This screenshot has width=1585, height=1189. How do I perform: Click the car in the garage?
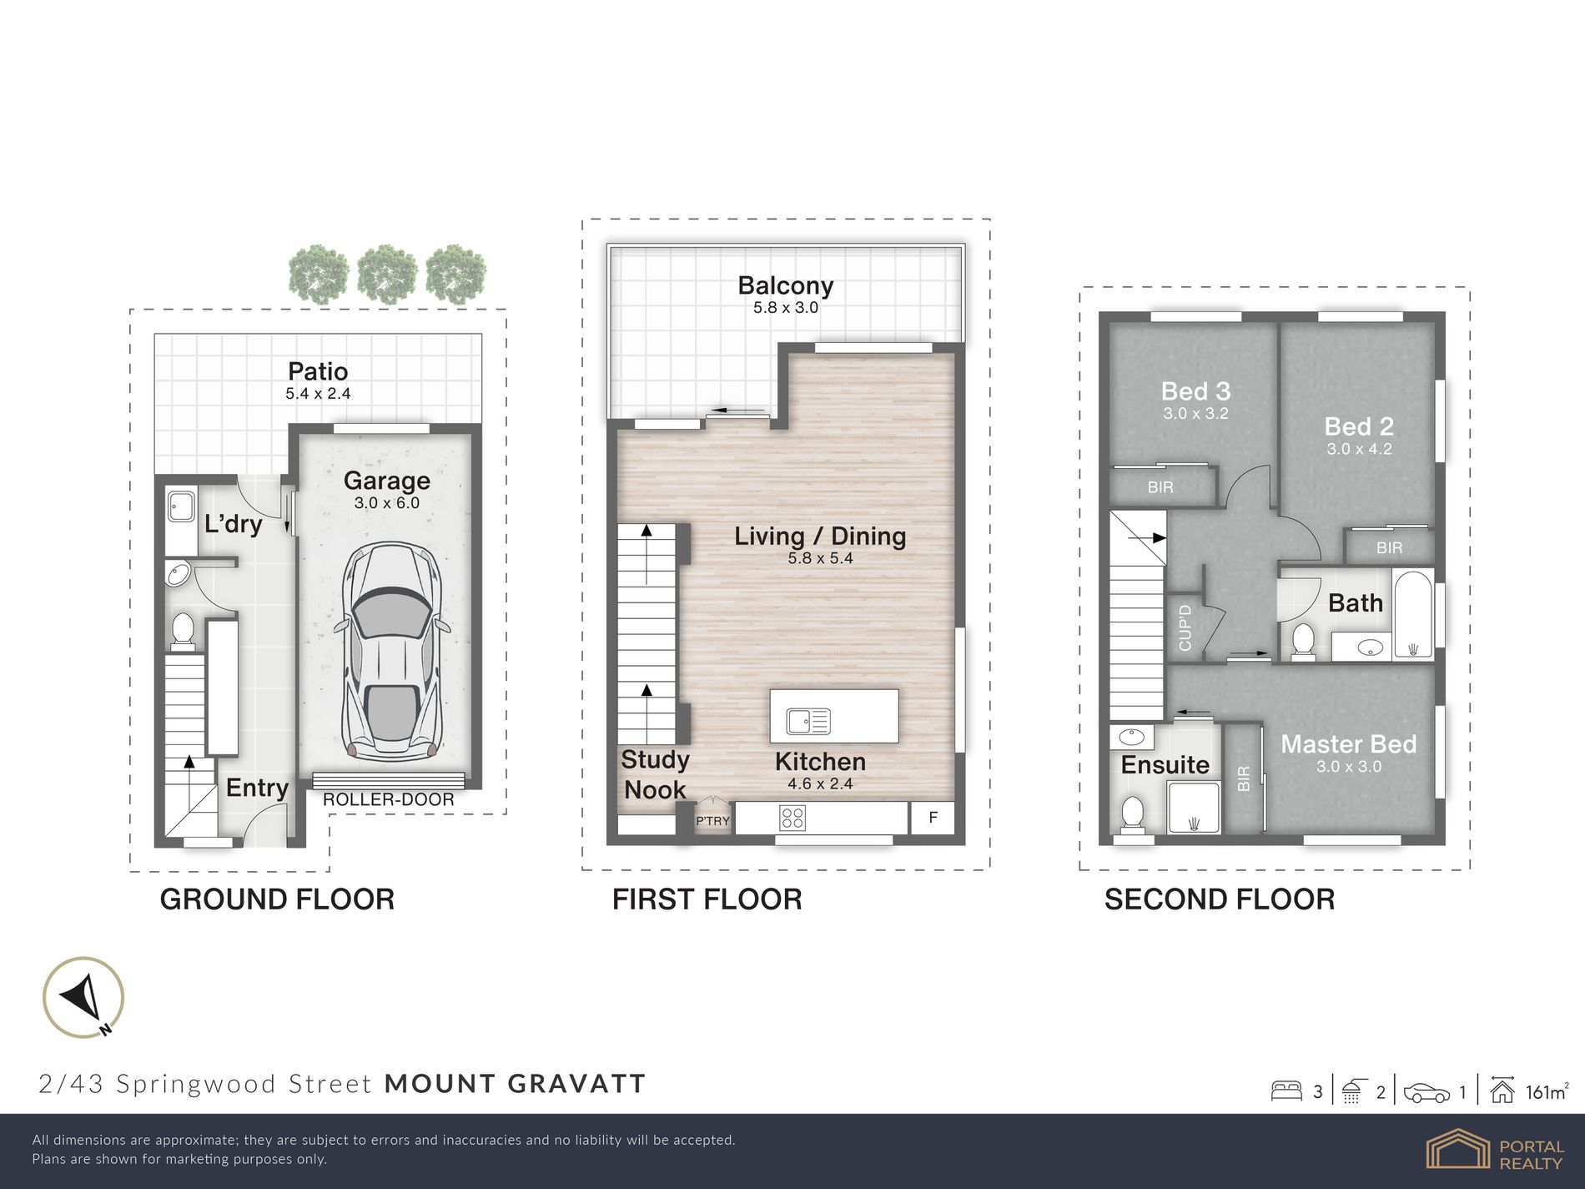tap(391, 651)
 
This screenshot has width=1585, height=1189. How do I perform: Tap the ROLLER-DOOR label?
tap(389, 799)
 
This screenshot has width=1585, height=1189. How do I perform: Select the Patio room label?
tap(318, 371)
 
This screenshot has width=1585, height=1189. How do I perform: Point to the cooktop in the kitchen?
tap(792, 818)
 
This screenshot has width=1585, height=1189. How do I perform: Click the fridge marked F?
tap(933, 818)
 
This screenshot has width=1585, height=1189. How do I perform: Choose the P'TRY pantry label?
tap(712, 821)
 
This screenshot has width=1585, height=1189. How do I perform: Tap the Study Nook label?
tap(656, 774)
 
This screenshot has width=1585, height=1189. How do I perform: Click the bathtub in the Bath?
tap(1412, 615)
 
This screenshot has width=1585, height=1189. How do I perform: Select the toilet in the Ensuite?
tap(1132, 814)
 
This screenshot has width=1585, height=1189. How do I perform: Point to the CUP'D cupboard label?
tap(1185, 627)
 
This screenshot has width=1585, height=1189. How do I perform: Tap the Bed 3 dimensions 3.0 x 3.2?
tap(1195, 413)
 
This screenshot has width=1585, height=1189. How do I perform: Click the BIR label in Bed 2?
tap(1389, 547)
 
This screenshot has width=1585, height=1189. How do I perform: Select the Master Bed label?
tap(1348, 743)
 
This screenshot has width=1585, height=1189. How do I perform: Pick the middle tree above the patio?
tap(387, 273)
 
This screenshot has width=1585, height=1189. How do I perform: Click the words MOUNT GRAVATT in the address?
tap(516, 1083)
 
